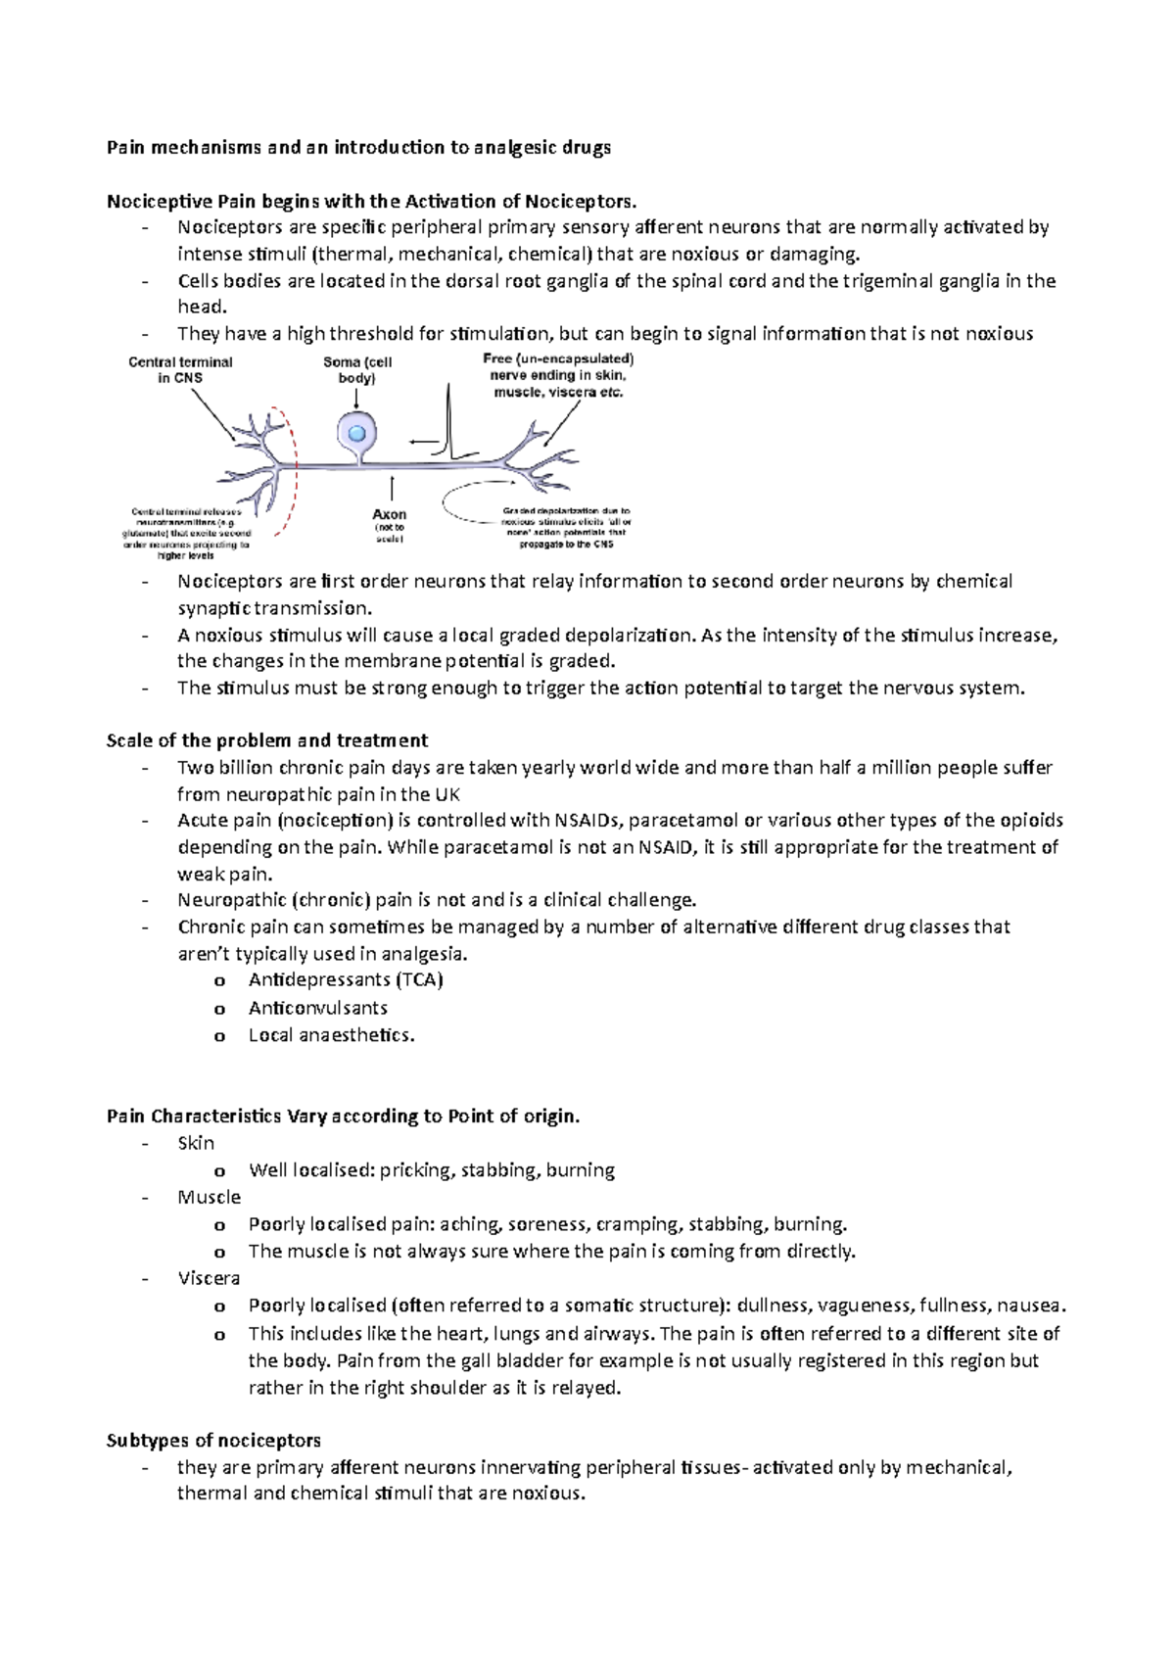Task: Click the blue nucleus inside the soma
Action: coord(357,433)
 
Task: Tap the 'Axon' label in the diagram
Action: coord(389,514)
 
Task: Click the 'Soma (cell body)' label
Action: coord(357,369)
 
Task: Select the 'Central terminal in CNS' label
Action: coord(180,369)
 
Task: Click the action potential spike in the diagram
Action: coord(449,421)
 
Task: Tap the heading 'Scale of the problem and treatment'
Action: coord(266,740)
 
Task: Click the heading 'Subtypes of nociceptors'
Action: coord(213,1441)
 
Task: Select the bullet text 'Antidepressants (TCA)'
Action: coord(346,980)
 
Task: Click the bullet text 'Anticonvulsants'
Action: coord(317,1008)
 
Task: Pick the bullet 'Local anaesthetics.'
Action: coord(331,1035)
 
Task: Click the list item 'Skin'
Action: coord(196,1143)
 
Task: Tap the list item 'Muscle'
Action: coord(209,1197)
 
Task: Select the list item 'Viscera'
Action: coord(208,1278)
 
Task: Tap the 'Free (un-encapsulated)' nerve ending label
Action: coord(558,359)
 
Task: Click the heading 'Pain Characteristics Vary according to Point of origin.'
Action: coord(343,1117)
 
